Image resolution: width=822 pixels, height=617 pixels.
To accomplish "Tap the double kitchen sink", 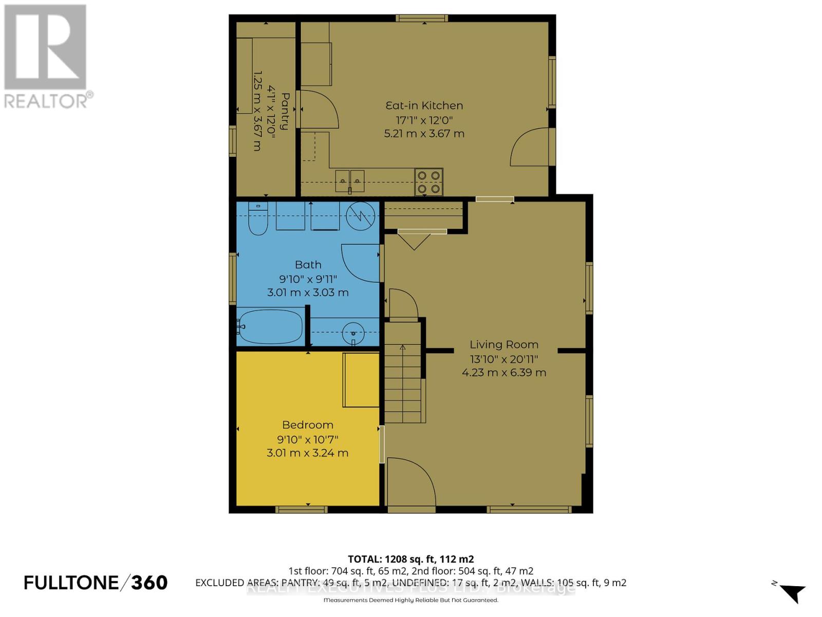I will pos(350,180).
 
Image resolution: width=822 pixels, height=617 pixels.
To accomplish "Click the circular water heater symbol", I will pos(360,216).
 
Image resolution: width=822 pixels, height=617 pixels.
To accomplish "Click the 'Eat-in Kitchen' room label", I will pos(424,105).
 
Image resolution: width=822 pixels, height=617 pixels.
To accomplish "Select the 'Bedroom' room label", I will pos(308,425).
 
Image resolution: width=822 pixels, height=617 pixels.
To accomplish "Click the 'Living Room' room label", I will pos(504,344).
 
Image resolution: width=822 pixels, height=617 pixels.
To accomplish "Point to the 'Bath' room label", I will pos(308,264).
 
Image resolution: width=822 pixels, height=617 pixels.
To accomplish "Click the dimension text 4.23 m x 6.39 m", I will pos(504,372).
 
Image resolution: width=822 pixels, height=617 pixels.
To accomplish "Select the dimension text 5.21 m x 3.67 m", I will pos(424,134).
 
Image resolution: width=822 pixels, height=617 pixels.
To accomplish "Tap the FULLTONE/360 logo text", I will pos(96,583).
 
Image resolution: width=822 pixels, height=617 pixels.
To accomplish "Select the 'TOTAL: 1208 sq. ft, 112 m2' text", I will pos(410,559).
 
